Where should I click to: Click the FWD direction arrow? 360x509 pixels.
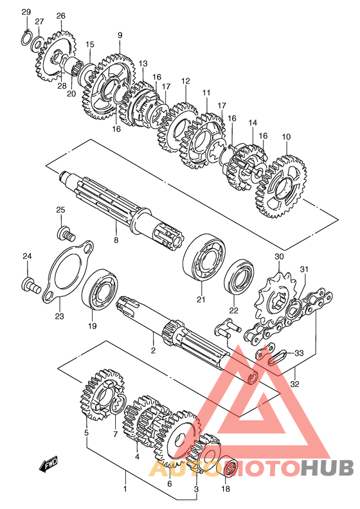tap(48, 466)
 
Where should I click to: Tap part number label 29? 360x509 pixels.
tap(26, 12)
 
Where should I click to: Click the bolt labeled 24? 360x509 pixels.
tap(31, 285)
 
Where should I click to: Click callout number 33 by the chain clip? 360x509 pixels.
tap(299, 353)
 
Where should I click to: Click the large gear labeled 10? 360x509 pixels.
tap(281, 186)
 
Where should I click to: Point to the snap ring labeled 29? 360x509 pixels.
tap(26, 39)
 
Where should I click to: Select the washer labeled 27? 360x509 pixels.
tap(38, 45)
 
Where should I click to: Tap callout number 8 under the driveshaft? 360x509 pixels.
tap(116, 240)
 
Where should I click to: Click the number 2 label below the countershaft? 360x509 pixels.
tap(153, 350)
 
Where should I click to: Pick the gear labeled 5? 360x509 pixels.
tap(101, 394)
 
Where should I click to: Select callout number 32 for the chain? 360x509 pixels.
tap(294, 384)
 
